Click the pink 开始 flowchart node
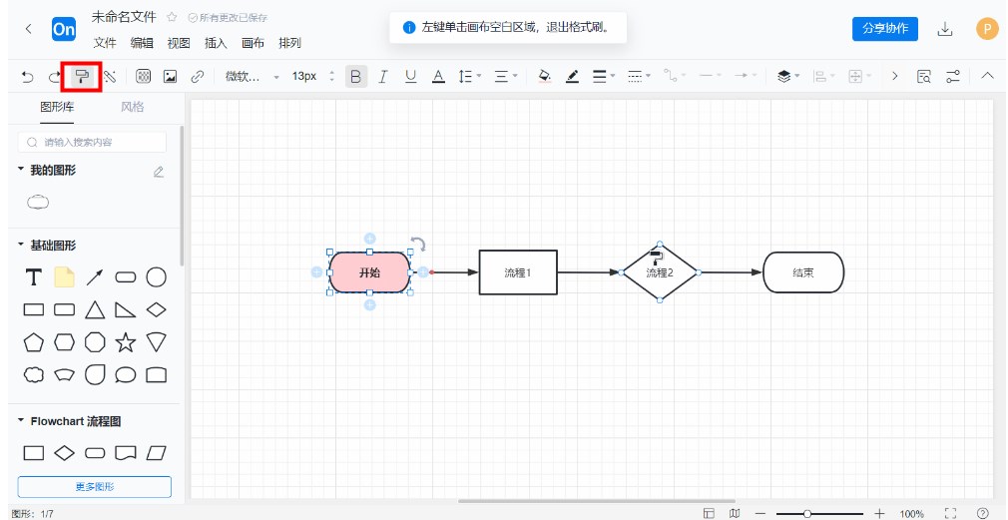point(369,272)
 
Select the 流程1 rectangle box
point(518,272)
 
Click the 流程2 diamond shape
point(660,273)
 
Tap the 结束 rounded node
point(803,272)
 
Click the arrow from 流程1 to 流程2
point(589,272)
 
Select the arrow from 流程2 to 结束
point(730,272)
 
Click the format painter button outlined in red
point(82,76)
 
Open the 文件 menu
point(105,43)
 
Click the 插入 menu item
point(216,43)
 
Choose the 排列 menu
point(289,43)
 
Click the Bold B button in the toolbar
point(356,76)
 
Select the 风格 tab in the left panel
point(132,107)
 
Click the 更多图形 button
point(95,487)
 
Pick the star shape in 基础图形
point(126,342)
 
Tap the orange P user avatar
point(986,29)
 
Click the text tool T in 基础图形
point(34,276)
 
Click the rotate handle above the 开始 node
point(418,244)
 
